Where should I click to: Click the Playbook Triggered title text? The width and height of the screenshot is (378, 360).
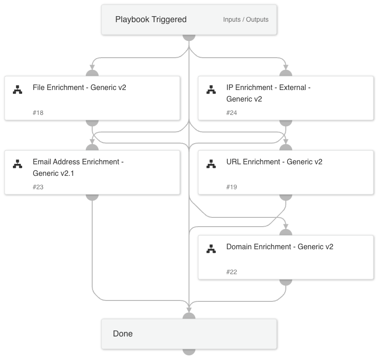point(151,19)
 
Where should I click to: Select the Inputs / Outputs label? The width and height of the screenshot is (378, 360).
point(246,20)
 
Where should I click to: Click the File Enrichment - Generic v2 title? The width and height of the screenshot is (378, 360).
point(79,87)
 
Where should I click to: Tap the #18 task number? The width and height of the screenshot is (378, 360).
point(38,113)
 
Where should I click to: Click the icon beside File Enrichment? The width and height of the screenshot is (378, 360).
point(18,90)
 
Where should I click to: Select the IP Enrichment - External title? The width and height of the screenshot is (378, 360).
point(268,93)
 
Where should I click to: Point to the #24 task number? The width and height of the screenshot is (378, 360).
point(232,113)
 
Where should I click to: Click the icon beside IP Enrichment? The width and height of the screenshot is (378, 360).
point(211,90)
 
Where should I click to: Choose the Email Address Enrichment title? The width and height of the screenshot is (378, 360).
point(78,167)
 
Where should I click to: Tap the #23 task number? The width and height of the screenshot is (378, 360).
point(38,187)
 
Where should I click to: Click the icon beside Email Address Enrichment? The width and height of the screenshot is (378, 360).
point(18,164)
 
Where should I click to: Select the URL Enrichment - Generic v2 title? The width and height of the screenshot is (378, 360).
point(274,162)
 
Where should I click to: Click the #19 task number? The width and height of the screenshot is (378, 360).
point(232,187)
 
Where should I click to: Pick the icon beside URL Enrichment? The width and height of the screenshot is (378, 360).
point(211,164)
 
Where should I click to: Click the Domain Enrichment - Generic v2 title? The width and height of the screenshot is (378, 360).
point(280,246)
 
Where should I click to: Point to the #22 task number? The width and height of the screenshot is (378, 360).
point(232,272)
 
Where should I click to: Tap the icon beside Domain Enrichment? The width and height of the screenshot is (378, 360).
point(211,249)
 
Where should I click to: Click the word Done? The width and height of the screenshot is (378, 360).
point(123,334)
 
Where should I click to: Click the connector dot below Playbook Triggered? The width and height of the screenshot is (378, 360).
point(189,36)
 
